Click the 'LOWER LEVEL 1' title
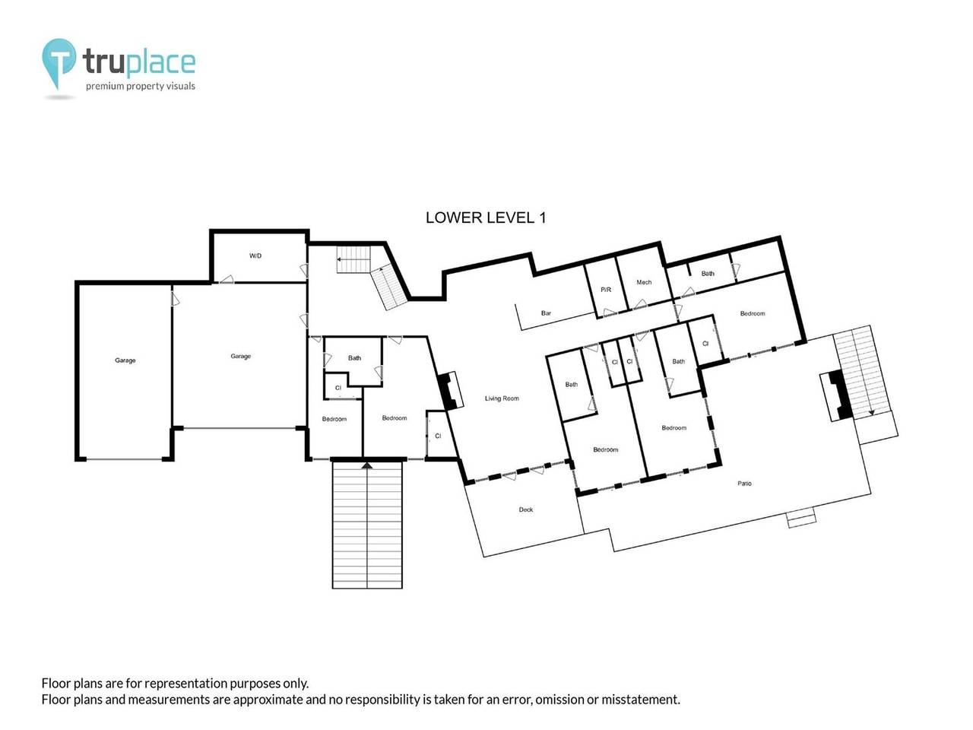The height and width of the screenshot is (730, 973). click(485, 217)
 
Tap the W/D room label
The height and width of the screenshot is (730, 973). click(255, 256)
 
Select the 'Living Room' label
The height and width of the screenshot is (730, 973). click(502, 398)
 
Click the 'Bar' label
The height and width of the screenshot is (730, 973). click(546, 313)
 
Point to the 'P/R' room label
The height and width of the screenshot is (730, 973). click(606, 290)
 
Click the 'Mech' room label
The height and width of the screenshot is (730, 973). click(644, 282)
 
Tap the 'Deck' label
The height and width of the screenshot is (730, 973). click(526, 509)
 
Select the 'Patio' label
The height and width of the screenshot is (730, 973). click(744, 484)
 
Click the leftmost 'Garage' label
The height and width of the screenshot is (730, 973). click(125, 360)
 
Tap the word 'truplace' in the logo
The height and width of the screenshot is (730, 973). click(139, 62)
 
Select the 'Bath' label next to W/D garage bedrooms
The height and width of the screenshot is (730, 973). click(354, 358)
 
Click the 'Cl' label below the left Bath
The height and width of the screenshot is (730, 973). click(338, 388)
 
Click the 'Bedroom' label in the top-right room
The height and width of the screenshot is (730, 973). click(753, 313)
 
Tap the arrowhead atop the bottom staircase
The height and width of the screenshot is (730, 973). click(367, 464)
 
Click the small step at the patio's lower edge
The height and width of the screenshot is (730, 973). click(801, 519)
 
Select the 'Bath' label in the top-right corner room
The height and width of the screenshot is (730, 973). click(708, 274)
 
